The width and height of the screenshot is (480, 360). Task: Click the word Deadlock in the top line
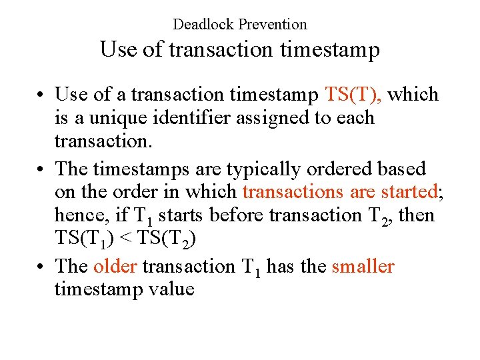[203, 25]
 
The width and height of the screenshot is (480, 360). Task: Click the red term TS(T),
[353, 95]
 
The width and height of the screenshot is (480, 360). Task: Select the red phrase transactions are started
[339, 192]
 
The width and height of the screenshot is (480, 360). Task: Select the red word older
[115, 266]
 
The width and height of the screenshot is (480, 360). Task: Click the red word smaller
[363, 266]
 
